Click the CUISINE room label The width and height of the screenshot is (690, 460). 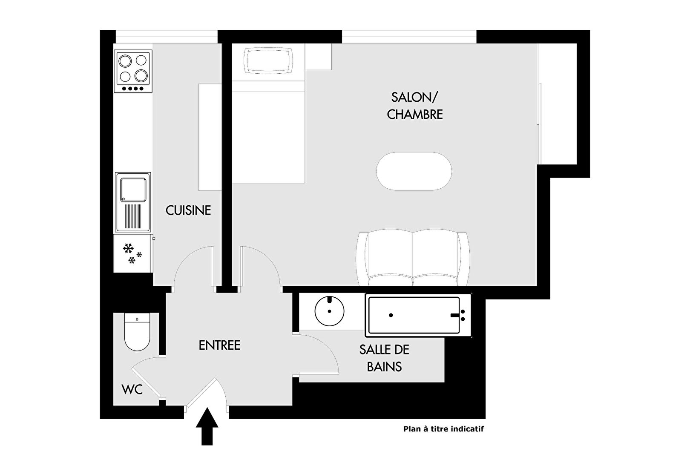188,210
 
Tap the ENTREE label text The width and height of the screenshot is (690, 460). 219,345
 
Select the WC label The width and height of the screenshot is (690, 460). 132,390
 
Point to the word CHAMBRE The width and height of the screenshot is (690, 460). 414,115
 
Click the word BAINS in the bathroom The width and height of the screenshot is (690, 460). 384,367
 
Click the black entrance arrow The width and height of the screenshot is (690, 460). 207,426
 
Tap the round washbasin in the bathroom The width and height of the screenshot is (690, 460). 329,311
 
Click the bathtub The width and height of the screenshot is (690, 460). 418,315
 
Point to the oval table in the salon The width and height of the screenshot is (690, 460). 414,171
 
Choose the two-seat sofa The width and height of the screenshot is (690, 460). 413,258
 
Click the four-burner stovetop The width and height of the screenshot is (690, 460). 133,71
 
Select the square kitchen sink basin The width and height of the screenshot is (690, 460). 133,190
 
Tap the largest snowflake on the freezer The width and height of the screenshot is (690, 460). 128,248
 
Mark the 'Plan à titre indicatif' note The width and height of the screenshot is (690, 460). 443,429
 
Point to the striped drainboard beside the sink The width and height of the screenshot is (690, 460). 133,216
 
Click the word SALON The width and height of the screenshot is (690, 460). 414,98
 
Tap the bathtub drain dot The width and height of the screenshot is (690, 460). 391,315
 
